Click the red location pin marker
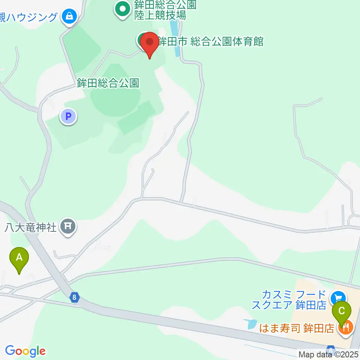pyautogui.click(x=150, y=43)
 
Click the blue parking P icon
pyautogui.click(x=68, y=117)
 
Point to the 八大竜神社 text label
pyautogui.click(x=31, y=227)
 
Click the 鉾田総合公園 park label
pyautogui.click(x=108, y=83)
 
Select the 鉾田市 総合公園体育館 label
pyautogui.click(x=210, y=41)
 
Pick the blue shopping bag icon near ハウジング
pyautogui.click(x=69, y=16)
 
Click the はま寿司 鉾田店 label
pyautogui.click(x=297, y=328)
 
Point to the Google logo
pyautogui.click(x=25, y=351)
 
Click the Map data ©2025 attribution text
pyautogui.click(x=328, y=354)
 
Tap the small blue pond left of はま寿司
pyautogui.click(x=249, y=324)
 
